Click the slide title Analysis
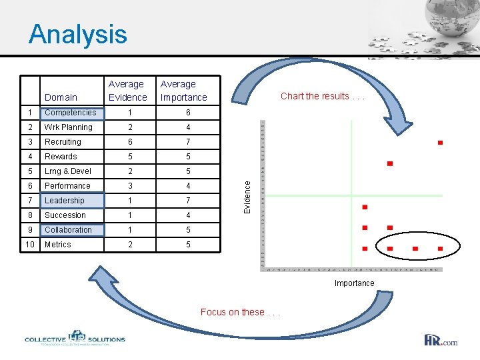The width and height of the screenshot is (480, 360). click(x=77, y=34)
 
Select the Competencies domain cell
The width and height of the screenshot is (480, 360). click(x=70, y=113)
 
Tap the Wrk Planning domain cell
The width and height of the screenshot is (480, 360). click(x=68, y=127)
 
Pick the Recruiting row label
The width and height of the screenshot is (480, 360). click(x=63, y=142)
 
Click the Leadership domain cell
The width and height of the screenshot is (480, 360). click(x=65, y=201)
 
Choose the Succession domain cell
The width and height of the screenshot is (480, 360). click(x=65, y=215)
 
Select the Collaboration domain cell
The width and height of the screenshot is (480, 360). click(x=68, y=230)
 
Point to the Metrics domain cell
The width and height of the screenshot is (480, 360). click(x=58, y=245)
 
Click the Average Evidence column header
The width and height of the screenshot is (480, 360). click(x=127, y=91)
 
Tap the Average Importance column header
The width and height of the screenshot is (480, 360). click(x=183, y=91)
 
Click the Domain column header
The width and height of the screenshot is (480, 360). click(x=61, y=97)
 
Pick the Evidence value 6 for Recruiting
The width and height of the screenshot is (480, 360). click(x=131, y=142)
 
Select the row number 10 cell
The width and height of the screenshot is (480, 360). click(x=31, y=245)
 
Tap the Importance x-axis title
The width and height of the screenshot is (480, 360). click(x=354, y=283)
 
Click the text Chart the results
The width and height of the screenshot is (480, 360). click(x=323, y=96)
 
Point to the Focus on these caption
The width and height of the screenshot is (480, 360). click(x=241, y=312)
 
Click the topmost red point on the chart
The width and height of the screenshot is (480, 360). click(x=440, y=143)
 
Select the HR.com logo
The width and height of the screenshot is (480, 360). click(x=441, y=341)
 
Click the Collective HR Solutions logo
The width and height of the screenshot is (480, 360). click(x=75, y=339)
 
